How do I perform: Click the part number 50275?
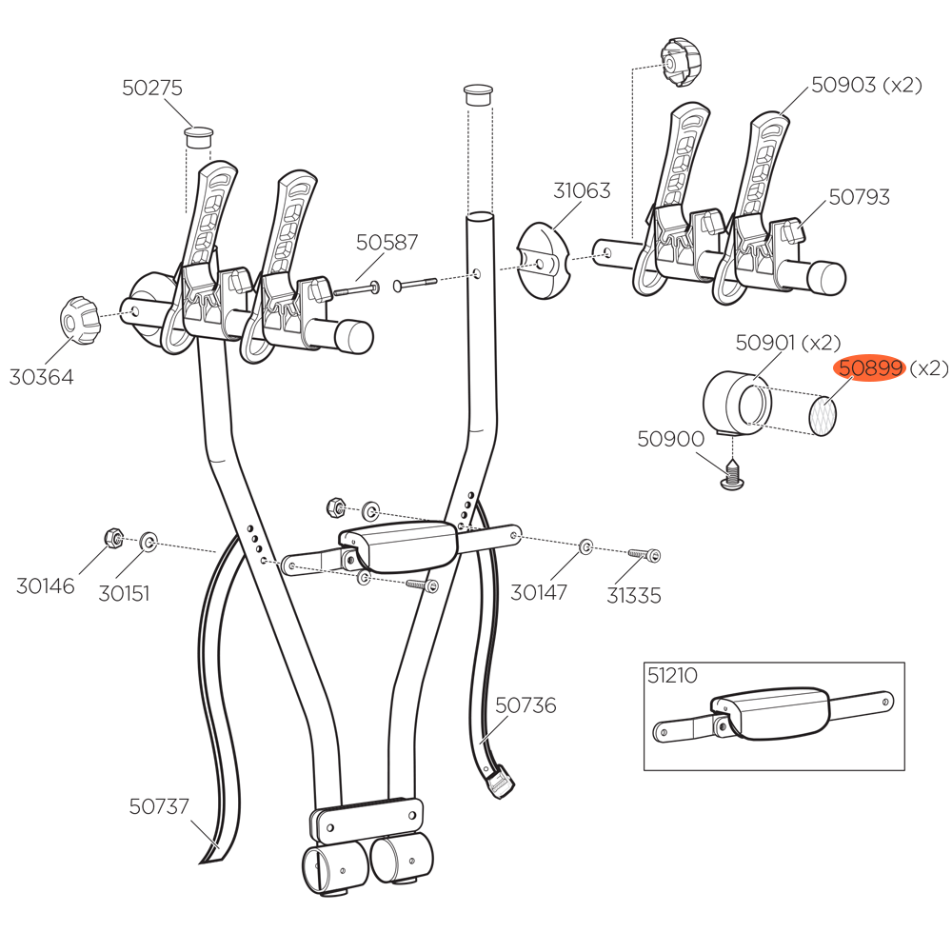(152, 88)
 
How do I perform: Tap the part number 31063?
(581, 191)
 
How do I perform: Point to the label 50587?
(387, 243)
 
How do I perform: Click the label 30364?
(42, 377)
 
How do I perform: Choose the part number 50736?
(526, 705)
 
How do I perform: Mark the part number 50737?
(159, 806)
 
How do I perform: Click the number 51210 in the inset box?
(672, 676)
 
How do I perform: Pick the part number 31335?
(634, 596)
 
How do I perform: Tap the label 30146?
(45, 586)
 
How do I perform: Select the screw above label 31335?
(644, 553)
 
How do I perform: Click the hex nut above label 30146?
(112, 539)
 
